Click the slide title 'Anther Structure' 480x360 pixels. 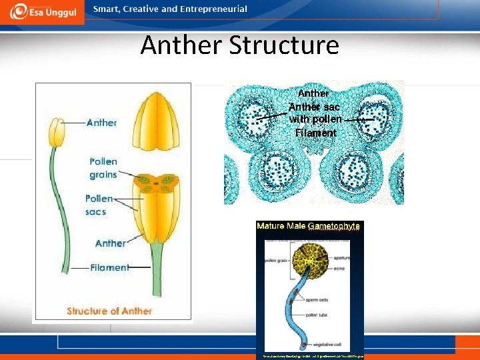pos(239,45)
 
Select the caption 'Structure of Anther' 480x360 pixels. pos(109,311)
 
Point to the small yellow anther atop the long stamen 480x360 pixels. pos(58,133)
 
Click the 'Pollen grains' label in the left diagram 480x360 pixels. pos(103,168)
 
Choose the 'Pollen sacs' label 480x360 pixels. pos(99,205)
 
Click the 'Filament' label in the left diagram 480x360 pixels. pos(109,267)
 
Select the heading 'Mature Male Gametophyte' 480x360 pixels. pos(308,226)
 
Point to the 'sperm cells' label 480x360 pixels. pos(337,293)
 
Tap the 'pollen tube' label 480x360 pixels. pos(337,312)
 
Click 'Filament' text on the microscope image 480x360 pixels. pos(316,133)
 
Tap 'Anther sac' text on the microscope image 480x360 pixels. pos(315,107)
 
